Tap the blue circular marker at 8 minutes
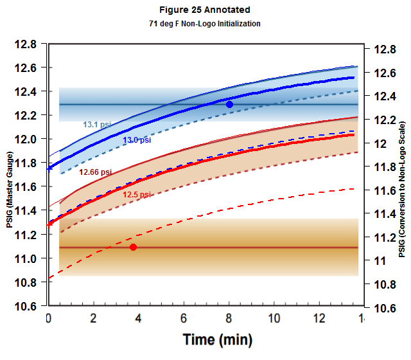click(229, 104)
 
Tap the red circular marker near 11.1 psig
click(133, 247)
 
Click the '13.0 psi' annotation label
click(137, 139)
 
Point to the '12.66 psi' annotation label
click(95, 172)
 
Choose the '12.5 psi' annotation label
click(137, 194)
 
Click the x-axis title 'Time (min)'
click(217, 339)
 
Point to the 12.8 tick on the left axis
click(26, 44)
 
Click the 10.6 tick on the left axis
click(26, 306)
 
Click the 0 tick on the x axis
click(48, 318)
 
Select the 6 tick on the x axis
click(184, 318)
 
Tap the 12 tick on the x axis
click(319, 318)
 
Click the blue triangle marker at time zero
click(50, 168)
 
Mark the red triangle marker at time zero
click(50, 223)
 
